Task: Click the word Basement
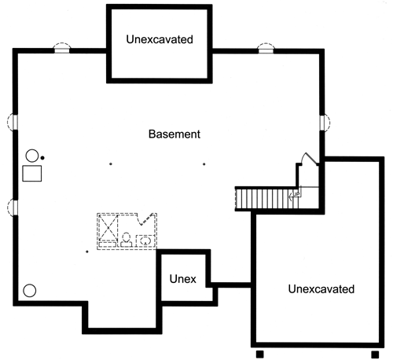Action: (174, 134)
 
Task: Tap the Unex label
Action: (182, 279)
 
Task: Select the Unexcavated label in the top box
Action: (160, 39)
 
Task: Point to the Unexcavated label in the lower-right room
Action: (321, 289)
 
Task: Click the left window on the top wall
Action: (62, 49)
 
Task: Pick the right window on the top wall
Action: (266, 49)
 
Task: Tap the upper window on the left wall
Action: (13, 122)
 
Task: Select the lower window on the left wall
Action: (13, 208)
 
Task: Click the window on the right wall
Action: (325, 123)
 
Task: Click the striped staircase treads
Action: (267, 199)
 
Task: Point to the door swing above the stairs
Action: (309, 159)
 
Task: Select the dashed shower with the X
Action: (108, 227)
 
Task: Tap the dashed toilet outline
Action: (127, 240)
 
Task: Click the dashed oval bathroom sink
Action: (145, 240)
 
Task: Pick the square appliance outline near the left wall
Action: (32, 174)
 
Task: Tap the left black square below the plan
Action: (259, 354)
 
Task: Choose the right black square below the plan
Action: (375, 354)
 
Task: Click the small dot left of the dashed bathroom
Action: (87, 252)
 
